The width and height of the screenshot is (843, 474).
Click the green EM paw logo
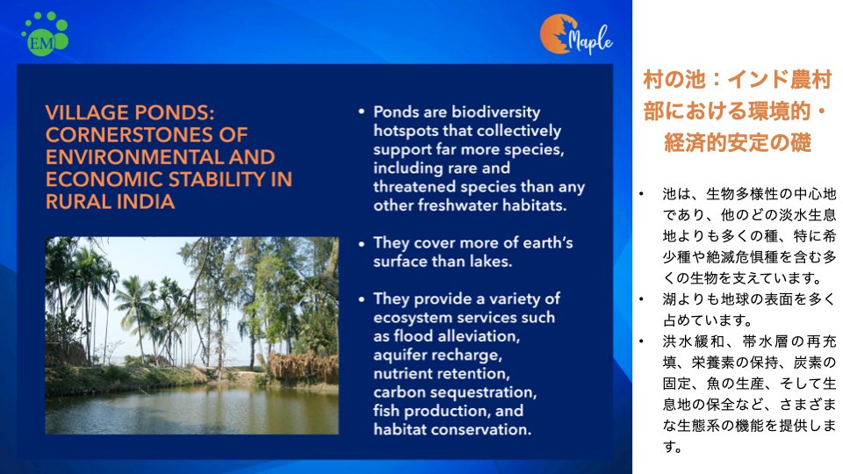45,33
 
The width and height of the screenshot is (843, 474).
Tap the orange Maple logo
576,35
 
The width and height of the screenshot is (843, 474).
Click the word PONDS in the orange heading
175,113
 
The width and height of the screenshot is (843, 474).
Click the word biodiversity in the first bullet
495,112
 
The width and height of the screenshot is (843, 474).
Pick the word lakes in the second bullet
489,262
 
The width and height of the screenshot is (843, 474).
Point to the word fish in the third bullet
386,411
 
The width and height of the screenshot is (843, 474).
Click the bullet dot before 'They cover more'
361,243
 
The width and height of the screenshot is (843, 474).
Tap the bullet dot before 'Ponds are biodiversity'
361,112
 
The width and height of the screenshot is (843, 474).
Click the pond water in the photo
191,411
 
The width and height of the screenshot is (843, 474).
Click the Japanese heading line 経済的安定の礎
738,143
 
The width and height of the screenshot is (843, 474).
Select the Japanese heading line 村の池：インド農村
738,80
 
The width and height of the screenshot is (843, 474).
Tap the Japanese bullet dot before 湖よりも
641,299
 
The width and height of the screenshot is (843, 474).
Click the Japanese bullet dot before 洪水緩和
641,341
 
